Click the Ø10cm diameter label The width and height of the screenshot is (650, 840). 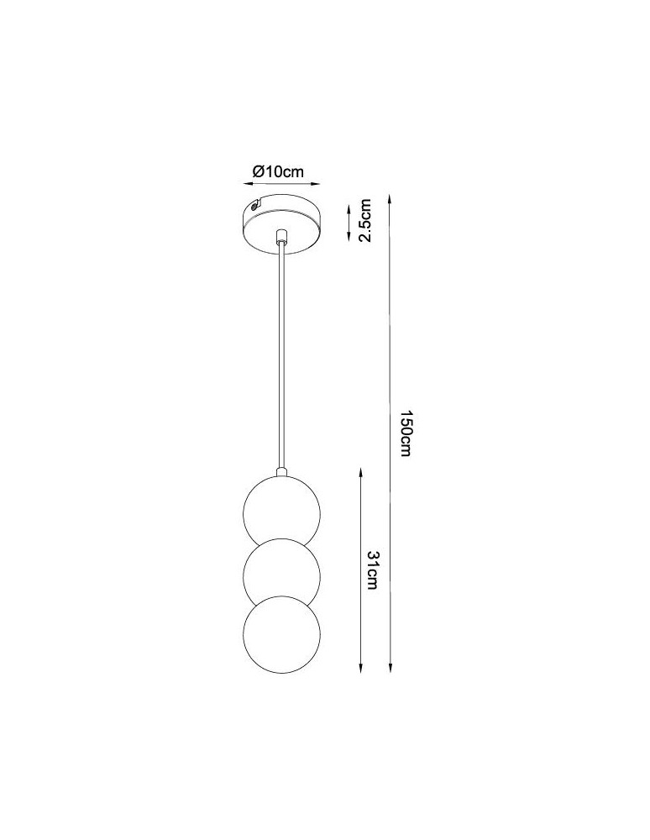click(x=278, y=171)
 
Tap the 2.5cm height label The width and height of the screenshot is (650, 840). click(x=364, y=220)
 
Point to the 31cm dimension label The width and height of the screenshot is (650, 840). click(x=372, y=570)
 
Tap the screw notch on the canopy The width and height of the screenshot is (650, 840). click(x=254, y=205)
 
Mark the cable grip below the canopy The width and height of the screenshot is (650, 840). click(x=281, y=236)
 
